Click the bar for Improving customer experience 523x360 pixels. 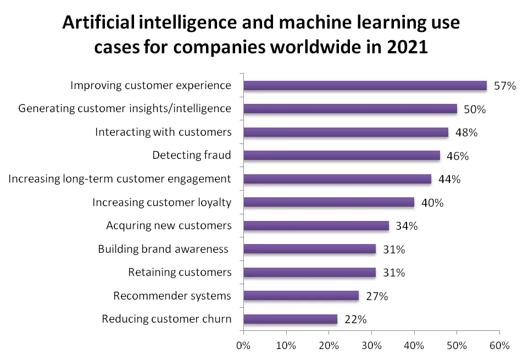365,85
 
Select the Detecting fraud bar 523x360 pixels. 341,156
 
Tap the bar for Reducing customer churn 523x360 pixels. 290,319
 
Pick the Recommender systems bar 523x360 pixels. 301,296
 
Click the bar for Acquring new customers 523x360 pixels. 316,225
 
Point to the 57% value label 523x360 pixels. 505,86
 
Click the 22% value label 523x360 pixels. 355,320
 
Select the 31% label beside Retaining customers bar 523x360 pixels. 393,273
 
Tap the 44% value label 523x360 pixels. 449,179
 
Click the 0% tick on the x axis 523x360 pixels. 243,346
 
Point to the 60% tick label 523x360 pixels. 499,346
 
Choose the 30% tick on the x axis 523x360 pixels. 371,346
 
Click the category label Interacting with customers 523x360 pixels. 163,132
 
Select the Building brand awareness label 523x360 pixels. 163,249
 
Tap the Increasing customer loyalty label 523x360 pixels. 162,202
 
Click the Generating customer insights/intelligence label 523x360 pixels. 125,108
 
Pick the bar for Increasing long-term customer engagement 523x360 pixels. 337,179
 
